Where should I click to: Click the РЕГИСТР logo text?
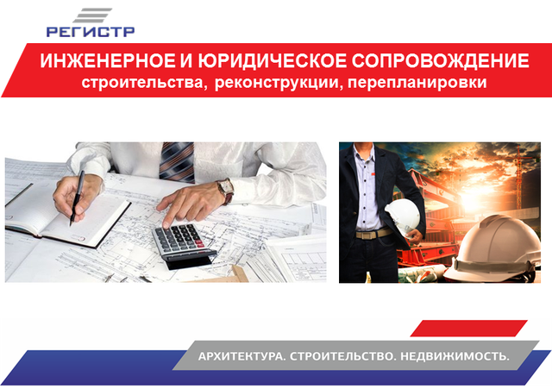[91, 32]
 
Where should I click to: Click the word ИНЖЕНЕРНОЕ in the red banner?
[107, 60]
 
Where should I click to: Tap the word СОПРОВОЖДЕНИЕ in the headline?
[440, 60]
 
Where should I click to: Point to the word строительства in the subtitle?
[142, 83]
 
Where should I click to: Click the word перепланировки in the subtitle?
[417, 83]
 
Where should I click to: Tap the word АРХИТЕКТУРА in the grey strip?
[241, 356]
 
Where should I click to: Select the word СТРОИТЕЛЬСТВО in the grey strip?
[342, 356]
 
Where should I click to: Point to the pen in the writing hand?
[77, 198]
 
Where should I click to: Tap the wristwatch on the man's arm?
[226, 191]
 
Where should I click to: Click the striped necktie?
[177, 162]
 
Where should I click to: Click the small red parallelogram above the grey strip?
[469, 328]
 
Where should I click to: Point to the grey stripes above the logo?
[92, 16]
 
